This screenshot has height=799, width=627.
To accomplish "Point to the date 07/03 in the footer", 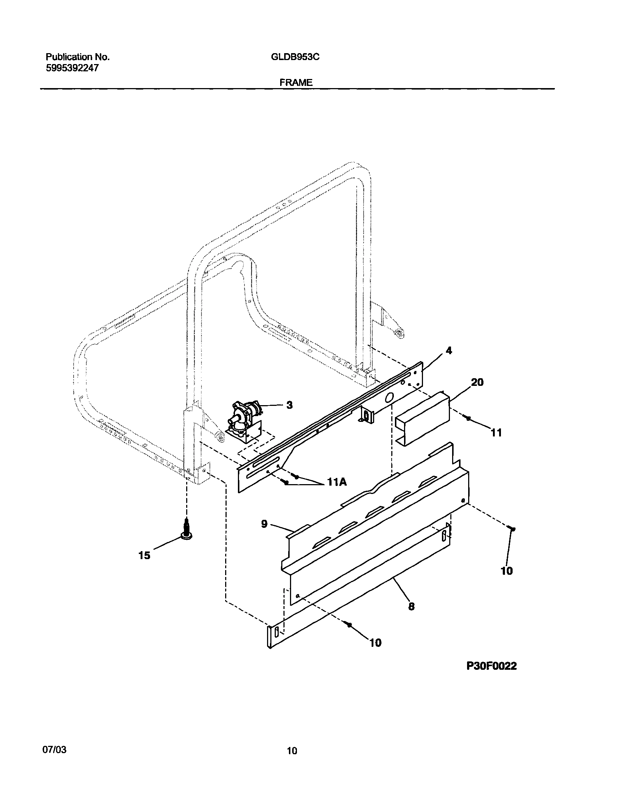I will tap(55, 749).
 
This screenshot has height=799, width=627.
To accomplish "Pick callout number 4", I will tap(448, 351).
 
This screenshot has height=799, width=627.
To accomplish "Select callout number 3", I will tap(289, 405).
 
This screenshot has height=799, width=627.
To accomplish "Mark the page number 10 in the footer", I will tap(292, 751).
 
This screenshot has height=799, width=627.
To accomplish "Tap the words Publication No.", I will tap(78, 57).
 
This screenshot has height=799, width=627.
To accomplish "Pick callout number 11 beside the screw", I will tap(496, 433).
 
